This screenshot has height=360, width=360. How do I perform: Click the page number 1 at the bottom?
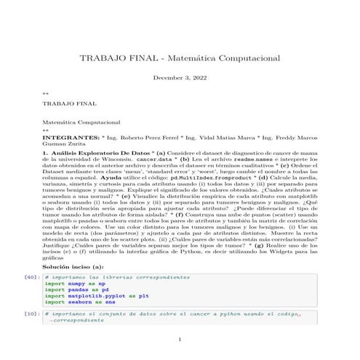[x=180, y=339]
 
